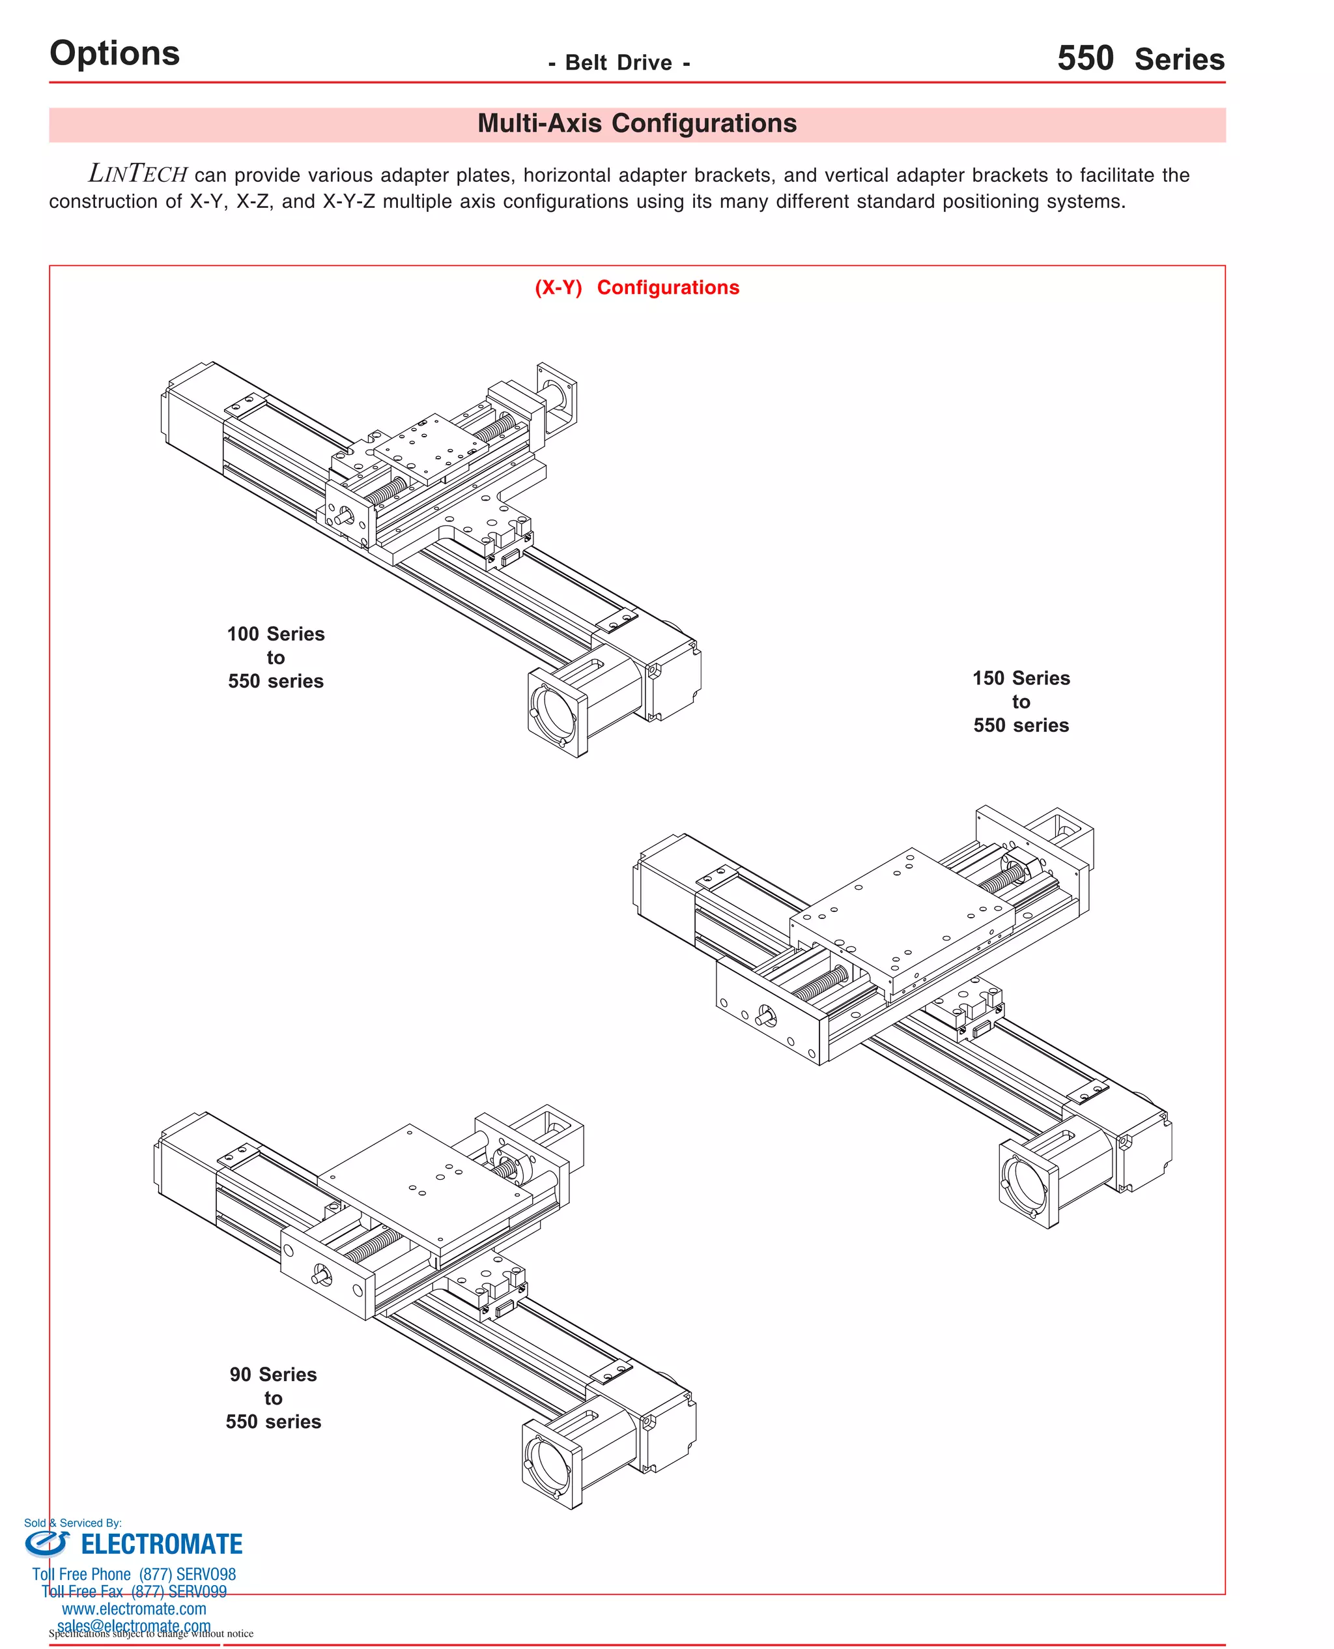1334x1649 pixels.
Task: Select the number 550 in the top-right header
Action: click(x=1085, y=59)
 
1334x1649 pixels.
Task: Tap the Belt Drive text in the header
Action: click(x=619, y=63)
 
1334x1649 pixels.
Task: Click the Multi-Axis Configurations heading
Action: click(x=637, y=124)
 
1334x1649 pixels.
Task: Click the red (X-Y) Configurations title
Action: click(x=637, y=287)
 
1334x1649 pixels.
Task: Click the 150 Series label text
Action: click(x=1021, y=678)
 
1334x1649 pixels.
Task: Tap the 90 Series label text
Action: click(x=273, y=1375)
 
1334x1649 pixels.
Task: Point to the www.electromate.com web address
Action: click(x=134, y=1608)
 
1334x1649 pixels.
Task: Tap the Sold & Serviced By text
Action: click(x=72, y=1522)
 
